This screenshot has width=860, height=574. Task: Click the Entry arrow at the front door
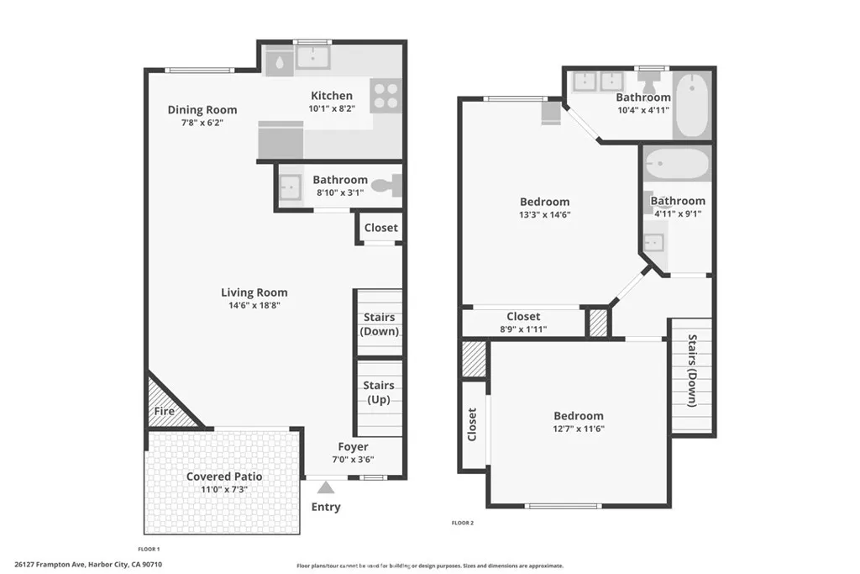click(326, 487)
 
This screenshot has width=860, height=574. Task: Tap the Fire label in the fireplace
click(163, 412)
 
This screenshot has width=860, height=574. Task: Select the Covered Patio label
click(224, 477)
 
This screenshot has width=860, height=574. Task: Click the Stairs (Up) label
click(379, 392)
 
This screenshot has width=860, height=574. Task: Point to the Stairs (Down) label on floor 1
click(379, 324)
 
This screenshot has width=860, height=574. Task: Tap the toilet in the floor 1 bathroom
click(387, 187)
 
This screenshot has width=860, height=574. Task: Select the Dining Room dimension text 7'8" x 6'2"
click(202, 123)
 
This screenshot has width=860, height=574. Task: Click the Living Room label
click(254, 292)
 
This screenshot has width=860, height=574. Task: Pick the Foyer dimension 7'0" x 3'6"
click(353, 460)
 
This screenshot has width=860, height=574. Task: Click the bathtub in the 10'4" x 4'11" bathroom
click(692, 106)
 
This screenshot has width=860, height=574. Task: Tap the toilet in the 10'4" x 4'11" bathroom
click(649, 82)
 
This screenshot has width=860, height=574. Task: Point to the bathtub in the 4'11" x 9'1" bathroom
click(676, 161)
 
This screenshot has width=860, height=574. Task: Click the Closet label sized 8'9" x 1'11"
click(523, 316)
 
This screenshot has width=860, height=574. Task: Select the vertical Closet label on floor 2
click(472, 424)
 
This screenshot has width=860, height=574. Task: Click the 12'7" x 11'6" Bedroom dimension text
click(578, 429)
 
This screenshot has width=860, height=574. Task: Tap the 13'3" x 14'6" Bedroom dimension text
click(544, 214)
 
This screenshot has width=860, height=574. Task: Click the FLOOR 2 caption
click(463, 523)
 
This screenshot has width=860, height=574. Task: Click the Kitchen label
click(332, 96)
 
